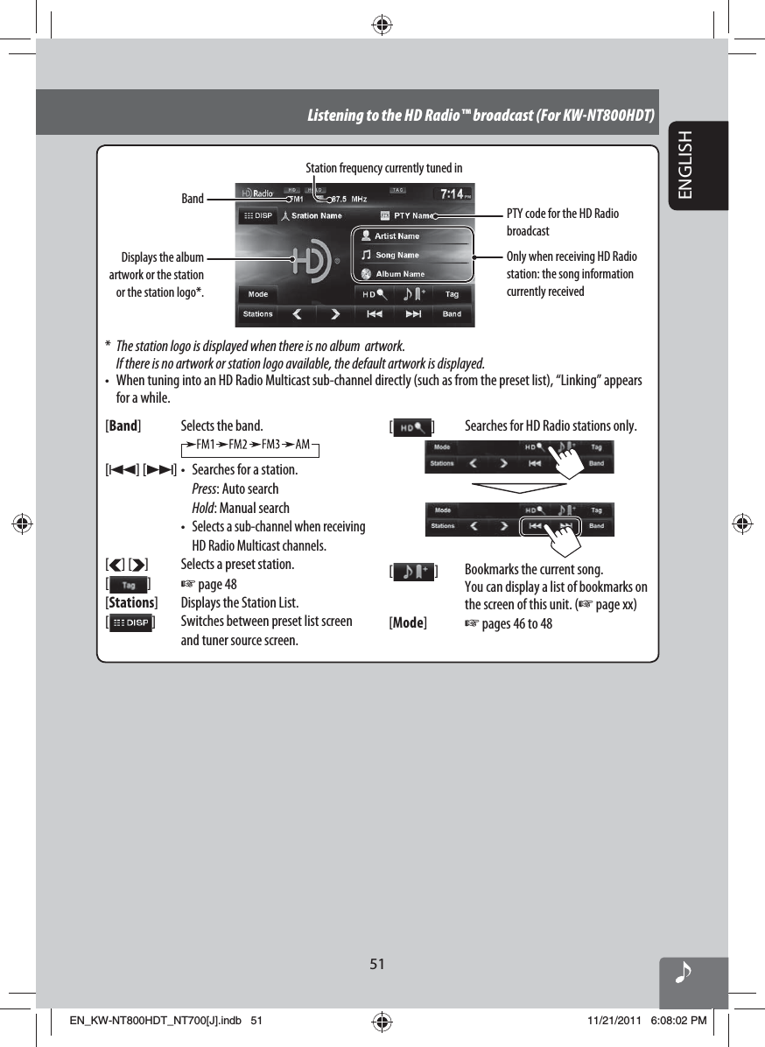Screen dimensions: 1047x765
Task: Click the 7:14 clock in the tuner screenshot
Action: click(453, 193)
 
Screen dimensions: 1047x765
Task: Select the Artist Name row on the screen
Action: click(397, 236)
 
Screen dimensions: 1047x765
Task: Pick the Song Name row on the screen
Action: click(397, 256)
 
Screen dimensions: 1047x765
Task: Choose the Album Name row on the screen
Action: click(399, 274)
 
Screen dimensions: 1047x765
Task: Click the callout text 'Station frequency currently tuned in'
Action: click(383, 167)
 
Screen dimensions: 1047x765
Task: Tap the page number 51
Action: click(376, 964)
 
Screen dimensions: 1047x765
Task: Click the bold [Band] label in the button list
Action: click(123, 426)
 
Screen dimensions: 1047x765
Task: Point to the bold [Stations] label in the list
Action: click(131, 602)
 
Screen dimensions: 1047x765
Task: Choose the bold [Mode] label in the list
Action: click(408, 622)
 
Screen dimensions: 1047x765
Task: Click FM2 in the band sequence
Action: click(238, 444)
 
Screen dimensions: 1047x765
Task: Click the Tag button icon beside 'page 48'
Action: click(128, 584)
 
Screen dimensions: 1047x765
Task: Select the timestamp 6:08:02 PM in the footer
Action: click(678, 1020)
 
